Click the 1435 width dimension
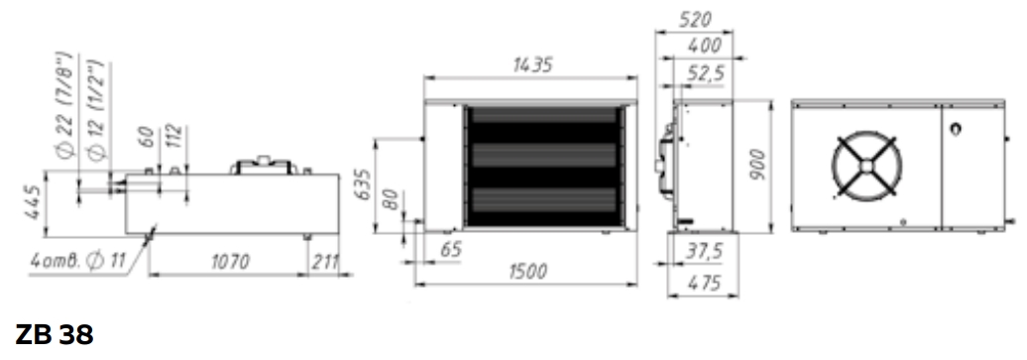tap(532, 64)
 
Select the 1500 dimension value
tap(527, 271)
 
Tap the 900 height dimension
tap(757, 166)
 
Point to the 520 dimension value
tap(694, 20)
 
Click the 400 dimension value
tap(704, 46)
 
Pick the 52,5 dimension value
tap(705, 73)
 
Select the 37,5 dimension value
tap(704, 252)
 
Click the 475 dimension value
tap(704, 283)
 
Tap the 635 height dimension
tap(365, 184)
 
